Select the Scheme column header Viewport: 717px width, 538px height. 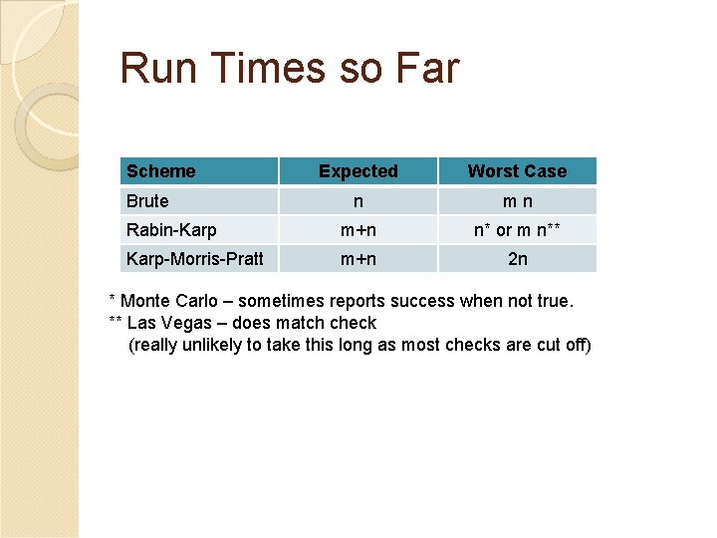coord(160,171)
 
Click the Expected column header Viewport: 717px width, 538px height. coord(358,171)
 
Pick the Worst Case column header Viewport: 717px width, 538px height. coord(517,171)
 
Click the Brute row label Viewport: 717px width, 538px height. coord(147,200)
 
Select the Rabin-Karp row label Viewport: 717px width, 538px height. coord(170,230)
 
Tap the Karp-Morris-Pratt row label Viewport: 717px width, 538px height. coord(194,259)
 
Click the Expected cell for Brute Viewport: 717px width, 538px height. coord(358,200)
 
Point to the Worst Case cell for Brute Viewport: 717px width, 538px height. coord(517,200)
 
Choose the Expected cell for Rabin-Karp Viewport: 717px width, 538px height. coord(358,230)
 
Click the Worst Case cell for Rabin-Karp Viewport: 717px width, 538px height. coord(517,230)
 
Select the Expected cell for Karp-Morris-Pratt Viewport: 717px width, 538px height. coord(358,259)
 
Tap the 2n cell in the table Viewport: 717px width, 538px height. coord(517,259)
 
